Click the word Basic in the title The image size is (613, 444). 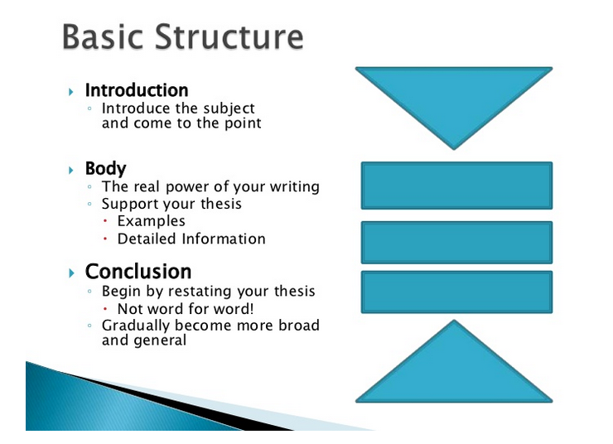(x=106, y=37)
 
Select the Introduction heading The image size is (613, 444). (x=137, y=90)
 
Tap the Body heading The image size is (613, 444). (x=105, y=169)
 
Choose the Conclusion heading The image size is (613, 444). (x=138, y=272)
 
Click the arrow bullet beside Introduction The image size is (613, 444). (x=71, y=90)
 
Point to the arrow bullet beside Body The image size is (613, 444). (x=71, y=170)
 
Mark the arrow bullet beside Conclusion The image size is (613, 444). (x=71, y=273)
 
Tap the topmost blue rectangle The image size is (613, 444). (x=456, y=186)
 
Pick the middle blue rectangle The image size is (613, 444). (x=456, y=242)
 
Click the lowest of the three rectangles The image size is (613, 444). (x=456, y=292)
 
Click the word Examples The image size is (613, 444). (x=151, y=221)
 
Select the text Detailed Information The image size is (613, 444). (x=191, y=239)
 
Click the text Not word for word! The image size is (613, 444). (x=186, y=309)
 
